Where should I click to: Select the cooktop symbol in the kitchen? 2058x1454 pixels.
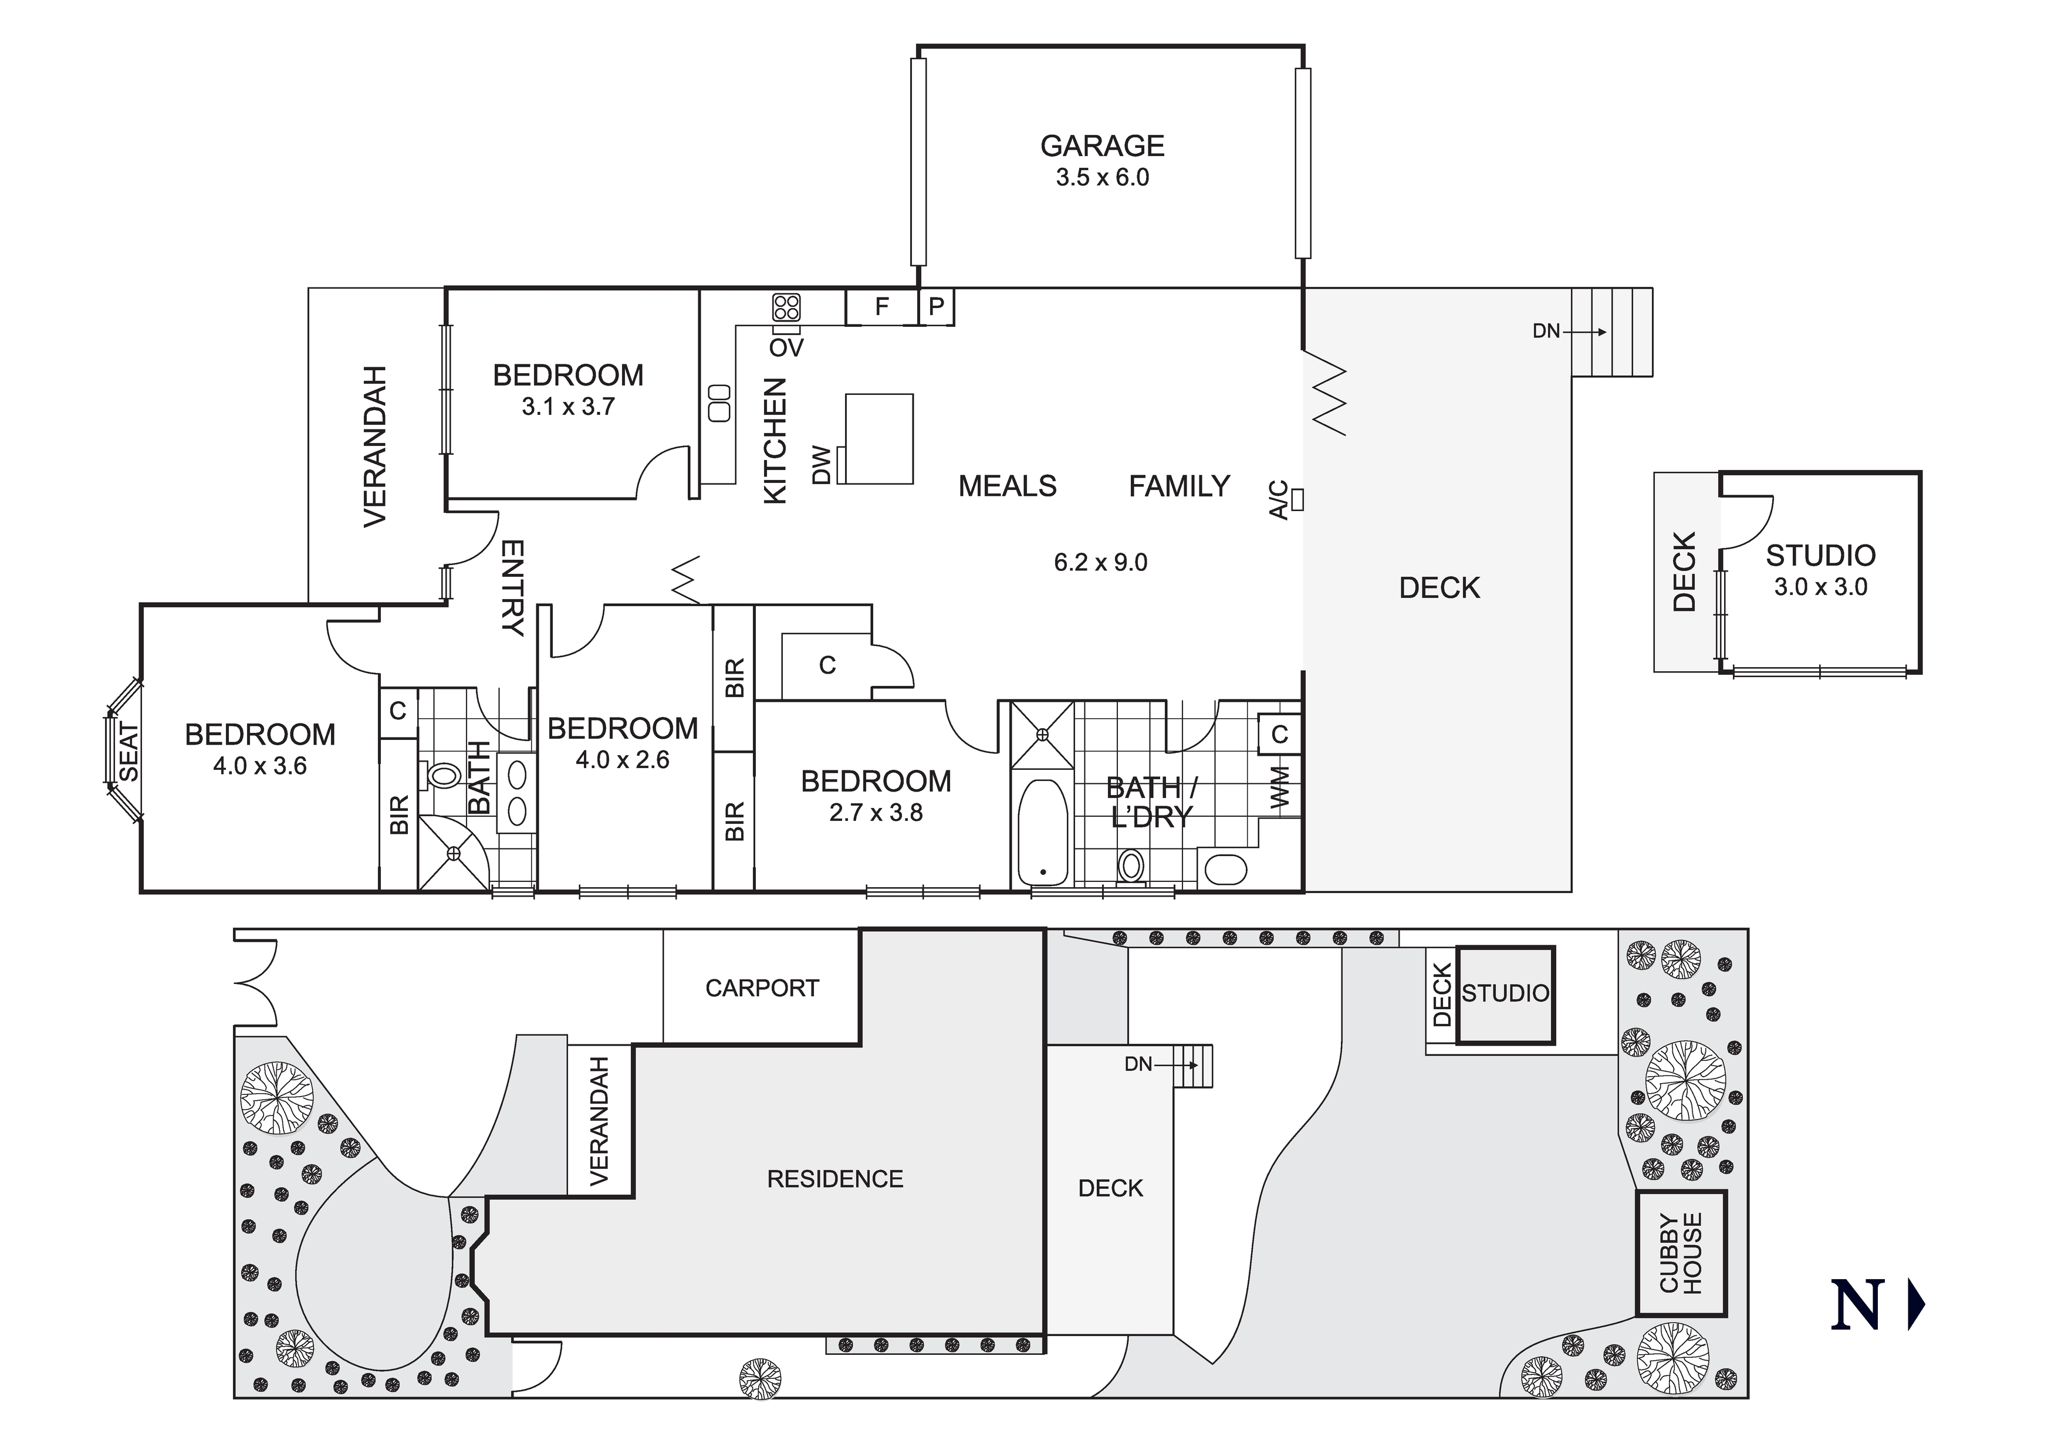tap(786, 307)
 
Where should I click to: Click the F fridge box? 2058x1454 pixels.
tap(882, 306)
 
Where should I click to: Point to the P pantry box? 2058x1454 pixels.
tap(937, 306)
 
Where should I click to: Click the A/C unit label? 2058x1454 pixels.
tap(1280, 500)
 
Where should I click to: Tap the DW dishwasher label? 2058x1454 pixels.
tap(821, 466)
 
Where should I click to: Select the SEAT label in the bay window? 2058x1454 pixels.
tap(130, 753)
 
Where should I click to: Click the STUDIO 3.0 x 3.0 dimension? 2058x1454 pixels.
tap(1820, 587)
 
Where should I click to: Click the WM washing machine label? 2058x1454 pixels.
tap(1280, 786)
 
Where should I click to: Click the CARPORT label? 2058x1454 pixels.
tap(762, 988)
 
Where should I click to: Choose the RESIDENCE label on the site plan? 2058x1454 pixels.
tap(834, 1179)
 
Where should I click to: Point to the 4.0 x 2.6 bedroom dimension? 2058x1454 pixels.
tap(622, 760)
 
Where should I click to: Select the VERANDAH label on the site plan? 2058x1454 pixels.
tap(599, 1121)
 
